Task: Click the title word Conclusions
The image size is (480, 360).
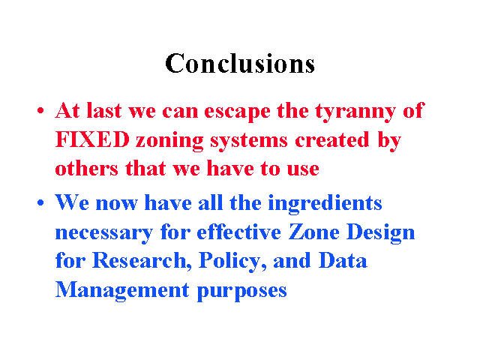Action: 240,63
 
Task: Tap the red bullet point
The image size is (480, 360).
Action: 40,110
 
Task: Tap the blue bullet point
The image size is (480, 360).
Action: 40,202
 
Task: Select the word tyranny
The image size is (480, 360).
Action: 355,112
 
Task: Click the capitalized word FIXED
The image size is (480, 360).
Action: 92,139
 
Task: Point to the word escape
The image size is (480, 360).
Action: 237,112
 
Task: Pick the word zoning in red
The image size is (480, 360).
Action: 169,142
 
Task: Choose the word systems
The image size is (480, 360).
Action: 249,142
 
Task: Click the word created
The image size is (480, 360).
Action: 332,139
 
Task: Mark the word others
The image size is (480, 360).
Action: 87,168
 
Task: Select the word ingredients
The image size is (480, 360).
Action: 325,204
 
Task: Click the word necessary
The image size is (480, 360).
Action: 104,234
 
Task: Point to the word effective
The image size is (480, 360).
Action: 238,232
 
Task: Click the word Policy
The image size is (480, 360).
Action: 232,262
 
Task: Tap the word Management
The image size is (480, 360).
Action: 122,291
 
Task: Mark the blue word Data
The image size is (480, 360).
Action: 343,260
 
